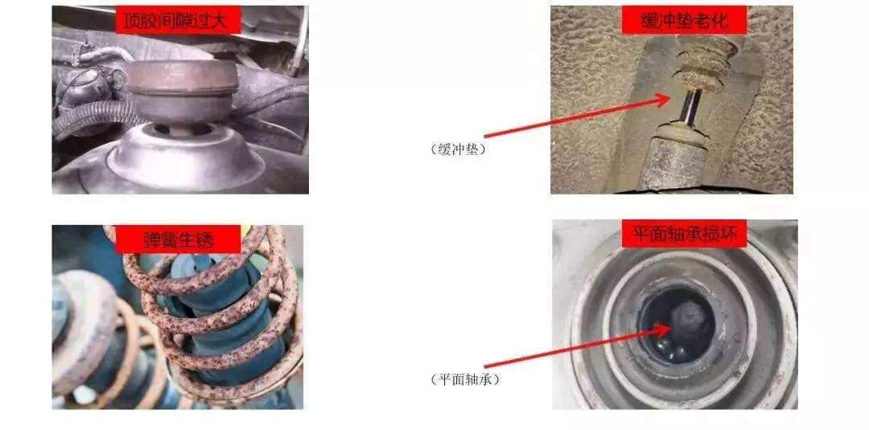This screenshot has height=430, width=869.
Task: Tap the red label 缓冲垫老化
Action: [685, 21]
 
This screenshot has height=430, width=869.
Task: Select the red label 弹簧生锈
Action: [178, 240]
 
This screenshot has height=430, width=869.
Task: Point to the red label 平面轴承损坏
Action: [685, 234]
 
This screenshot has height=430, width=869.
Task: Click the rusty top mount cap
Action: [183, 92]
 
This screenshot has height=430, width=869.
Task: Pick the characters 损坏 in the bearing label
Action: [722, 234]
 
